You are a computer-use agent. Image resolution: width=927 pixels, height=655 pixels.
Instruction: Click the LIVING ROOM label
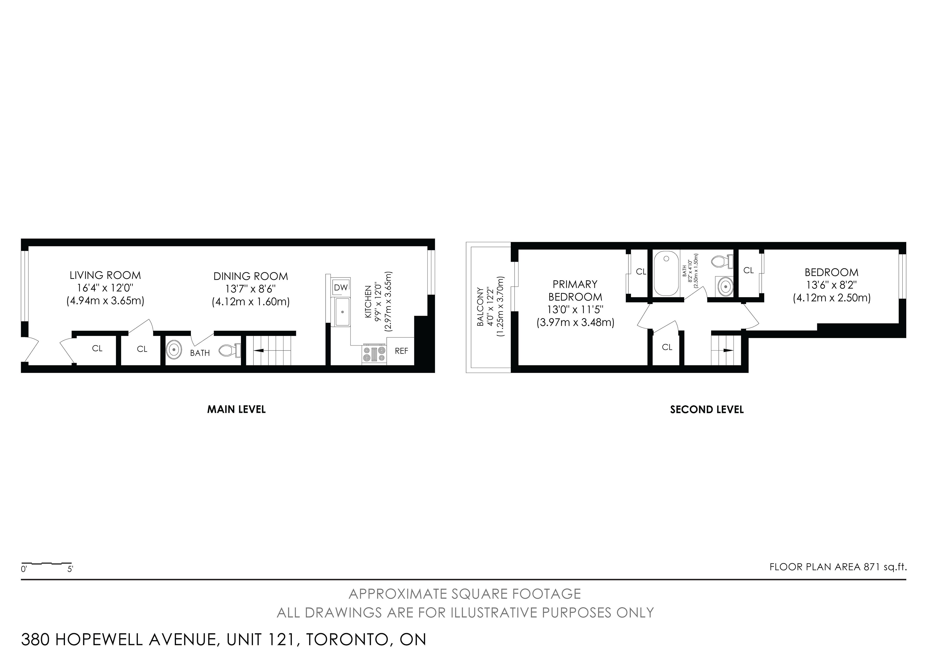(x=105, y=275)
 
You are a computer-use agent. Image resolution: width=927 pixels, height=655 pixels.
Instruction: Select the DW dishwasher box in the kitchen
(x=341, y=287)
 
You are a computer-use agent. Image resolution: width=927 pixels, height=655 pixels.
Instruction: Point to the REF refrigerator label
(x=401, y=351)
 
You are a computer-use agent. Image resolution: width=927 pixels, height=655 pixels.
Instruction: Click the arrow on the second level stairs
(x=728, y=350)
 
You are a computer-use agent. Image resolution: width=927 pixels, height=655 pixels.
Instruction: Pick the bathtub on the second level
(x=666, y=273)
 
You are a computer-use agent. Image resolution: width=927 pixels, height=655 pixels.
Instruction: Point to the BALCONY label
(x=480, y=307)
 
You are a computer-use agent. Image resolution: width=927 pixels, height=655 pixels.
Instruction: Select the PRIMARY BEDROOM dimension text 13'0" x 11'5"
(x=575, y=310)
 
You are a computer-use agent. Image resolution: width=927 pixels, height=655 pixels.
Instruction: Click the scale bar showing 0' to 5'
(x=46, y=563)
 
